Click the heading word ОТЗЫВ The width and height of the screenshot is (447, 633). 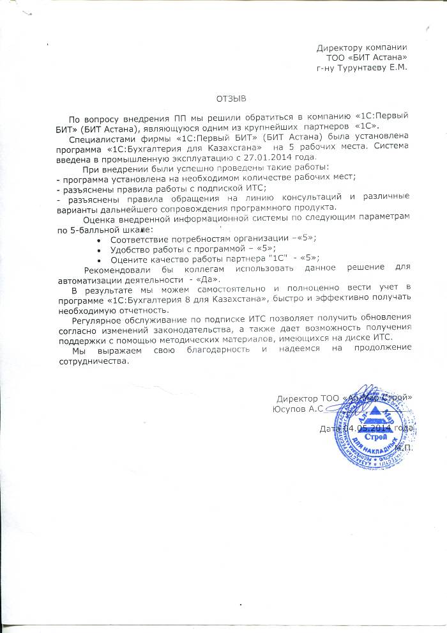pyautogui.click(x=231, y=99)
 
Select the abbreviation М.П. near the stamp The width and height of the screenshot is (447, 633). pyautogui.click(x=404, y=448)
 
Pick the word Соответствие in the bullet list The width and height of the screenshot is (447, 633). pyautogui.click(x=137, y=238)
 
